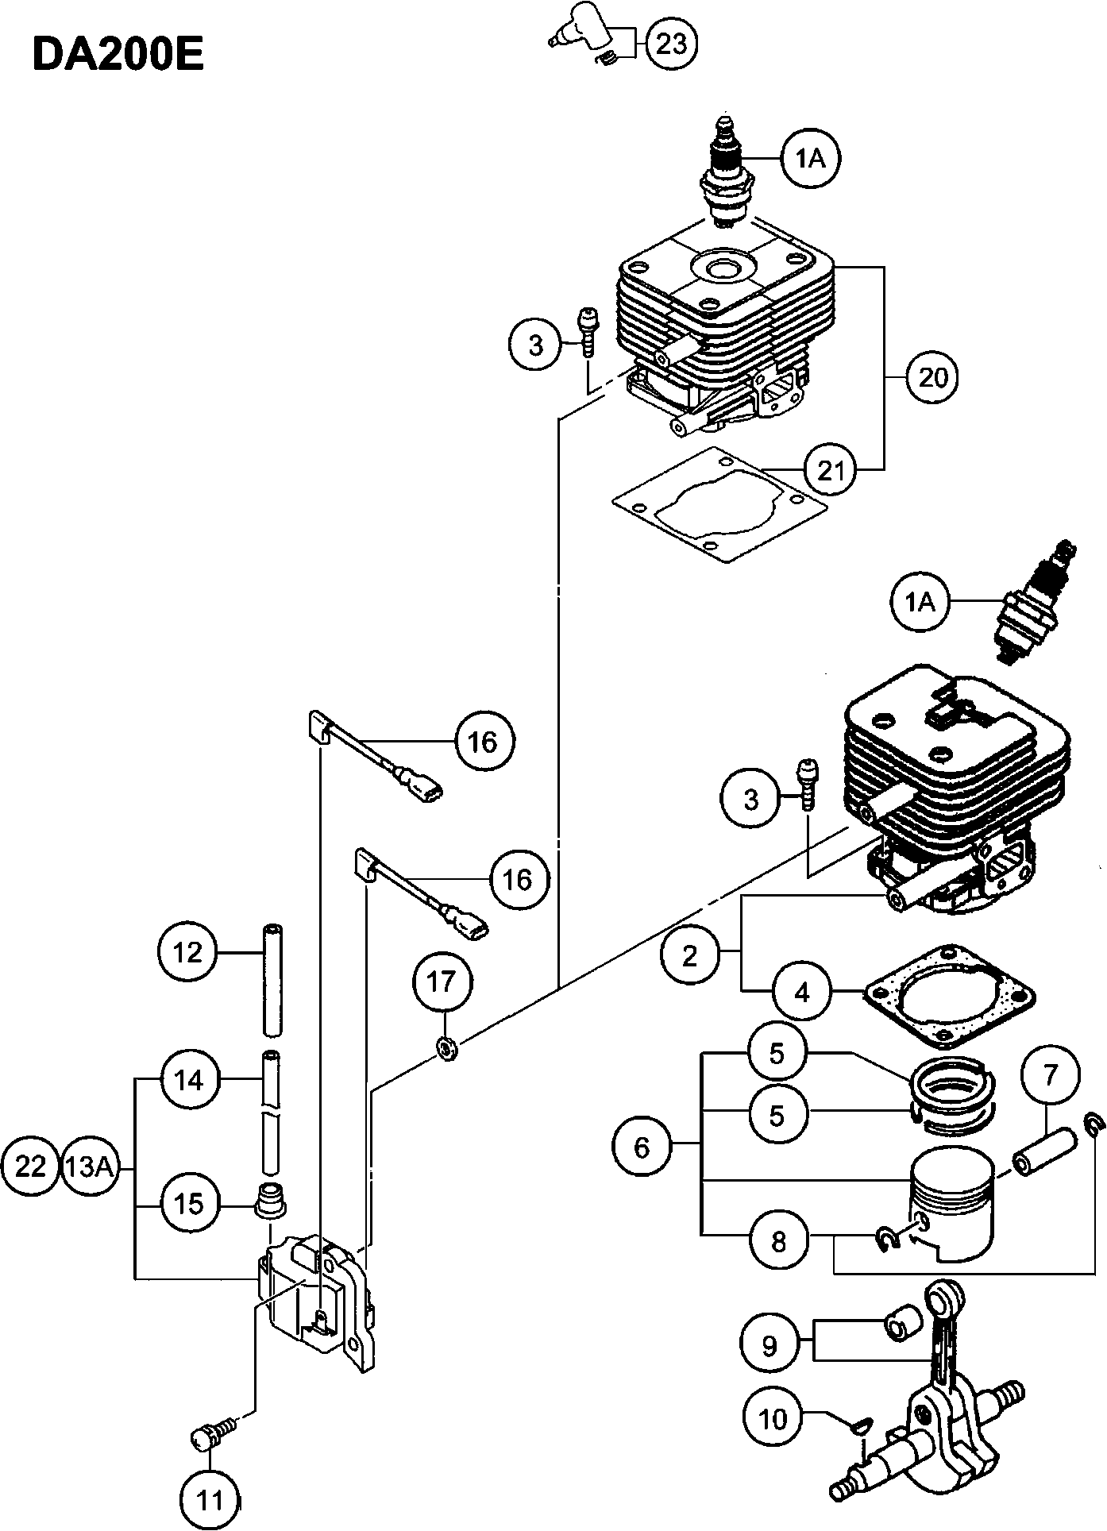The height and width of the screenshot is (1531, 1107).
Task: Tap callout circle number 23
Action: pyautogui.click(x=672, y=44)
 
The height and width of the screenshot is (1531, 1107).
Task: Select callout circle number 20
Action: pyautogui.click(x=933, y=377)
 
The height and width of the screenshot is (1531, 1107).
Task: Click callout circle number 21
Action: pyautogui.click(x=831, y=471)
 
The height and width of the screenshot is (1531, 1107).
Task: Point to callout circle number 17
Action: pyautogui.click(x=442, y=982)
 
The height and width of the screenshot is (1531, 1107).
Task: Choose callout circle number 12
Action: pyautogui.click(x=188, y=952)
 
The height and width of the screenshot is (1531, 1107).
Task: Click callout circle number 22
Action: pyautogui.click(x=31, y=1167)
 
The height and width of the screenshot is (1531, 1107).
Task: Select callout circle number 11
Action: pyautogui.click(x=210, y=1500)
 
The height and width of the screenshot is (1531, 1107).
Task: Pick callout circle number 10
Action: pyautogui.click(x=773, y=1417)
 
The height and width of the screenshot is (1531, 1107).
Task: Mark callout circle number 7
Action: pyautogui.click(x=1050, y=1075)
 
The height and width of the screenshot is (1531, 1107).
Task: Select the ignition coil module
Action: pyautogui.click(x=318, y=1298)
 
